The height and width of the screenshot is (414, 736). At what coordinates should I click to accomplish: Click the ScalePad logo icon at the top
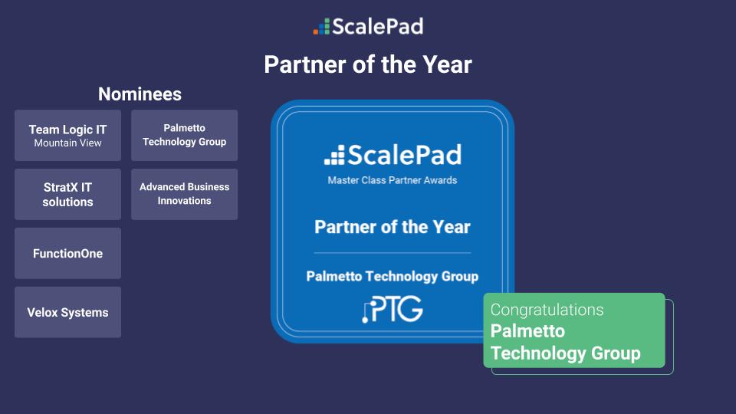[321, 27]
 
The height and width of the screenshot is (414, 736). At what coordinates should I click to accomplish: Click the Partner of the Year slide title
[368, 64]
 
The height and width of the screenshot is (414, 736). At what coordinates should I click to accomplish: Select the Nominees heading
[140, 94]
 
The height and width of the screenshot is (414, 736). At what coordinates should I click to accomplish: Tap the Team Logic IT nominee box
[67, 135]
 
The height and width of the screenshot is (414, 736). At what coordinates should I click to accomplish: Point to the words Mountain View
[67, 143]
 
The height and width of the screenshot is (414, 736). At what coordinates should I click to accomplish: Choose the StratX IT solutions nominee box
[67, 195]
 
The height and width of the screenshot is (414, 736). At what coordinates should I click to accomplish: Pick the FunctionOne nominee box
[67, 253]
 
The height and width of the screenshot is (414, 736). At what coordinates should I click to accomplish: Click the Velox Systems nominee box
[67, 312]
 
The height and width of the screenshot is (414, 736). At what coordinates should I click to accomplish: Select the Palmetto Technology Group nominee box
[184, 135]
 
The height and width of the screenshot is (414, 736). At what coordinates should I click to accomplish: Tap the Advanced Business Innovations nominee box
[184, 194]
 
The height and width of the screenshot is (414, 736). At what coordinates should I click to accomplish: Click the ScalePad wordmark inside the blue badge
[393, 156]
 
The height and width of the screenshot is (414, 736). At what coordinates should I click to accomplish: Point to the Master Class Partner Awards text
[393, 180]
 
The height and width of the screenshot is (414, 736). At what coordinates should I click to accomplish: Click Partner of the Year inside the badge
[393, 227]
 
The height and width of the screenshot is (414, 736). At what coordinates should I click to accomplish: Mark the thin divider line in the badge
[393, 252]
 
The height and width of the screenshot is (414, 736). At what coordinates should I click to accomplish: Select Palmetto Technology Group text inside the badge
[393, 276]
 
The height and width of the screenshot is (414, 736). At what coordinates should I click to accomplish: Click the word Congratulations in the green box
[547, 310]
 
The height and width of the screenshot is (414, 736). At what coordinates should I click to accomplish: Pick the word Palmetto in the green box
[527, 331]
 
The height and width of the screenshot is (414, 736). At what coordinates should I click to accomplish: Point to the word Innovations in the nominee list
[184, 201]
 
